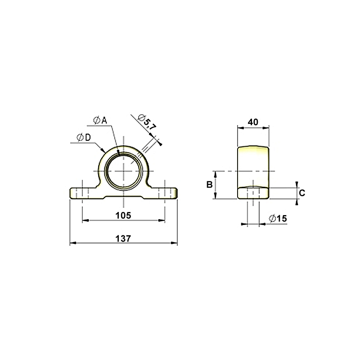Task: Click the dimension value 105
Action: (123, 216)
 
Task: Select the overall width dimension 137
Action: (123, 238)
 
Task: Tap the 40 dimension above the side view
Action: (253, 122)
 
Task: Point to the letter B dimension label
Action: (209, 184)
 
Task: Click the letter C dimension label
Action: (302, 193)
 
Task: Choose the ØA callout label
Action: (100, 120)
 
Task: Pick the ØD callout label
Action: (84, 138)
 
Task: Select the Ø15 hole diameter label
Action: (278, 218)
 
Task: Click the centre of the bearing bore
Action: (123, 171)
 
